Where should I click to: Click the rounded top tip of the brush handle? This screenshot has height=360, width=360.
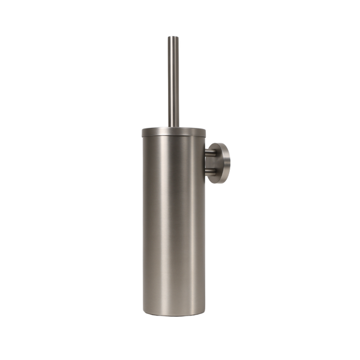tap(173, 37)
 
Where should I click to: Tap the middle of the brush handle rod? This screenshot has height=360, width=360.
tap(173, 81)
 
